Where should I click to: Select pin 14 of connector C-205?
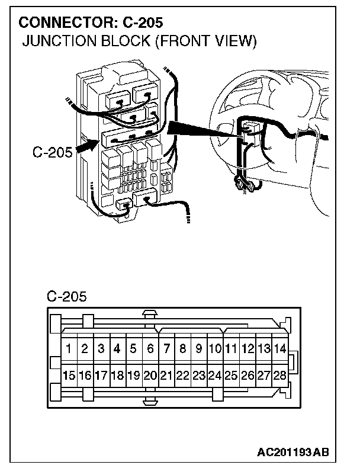(x=280, y=349)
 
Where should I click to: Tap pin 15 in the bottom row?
(x=69, y=375)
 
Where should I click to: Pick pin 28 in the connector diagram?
(x=280, y=375)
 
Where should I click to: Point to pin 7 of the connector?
(x=167, y=349)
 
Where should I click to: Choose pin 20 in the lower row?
(x=150, y=375)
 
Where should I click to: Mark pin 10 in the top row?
(x=216, y=349)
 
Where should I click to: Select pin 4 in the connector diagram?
(x=117, y=349)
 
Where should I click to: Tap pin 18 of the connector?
(x=117, y=375)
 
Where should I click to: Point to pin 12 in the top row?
(x=248, y=349)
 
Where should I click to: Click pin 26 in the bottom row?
(x=248, y=375)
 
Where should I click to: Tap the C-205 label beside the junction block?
(x=53, y=152)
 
